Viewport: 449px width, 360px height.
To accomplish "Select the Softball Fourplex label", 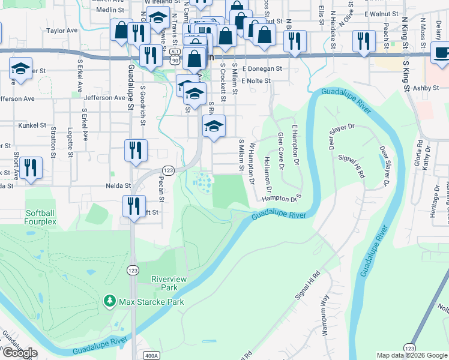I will click(41, 217).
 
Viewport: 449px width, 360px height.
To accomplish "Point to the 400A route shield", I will click(152, 356).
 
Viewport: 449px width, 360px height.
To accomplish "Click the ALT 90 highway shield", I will click(175, 58).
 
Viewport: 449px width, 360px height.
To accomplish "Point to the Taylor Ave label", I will click(62, 30).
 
